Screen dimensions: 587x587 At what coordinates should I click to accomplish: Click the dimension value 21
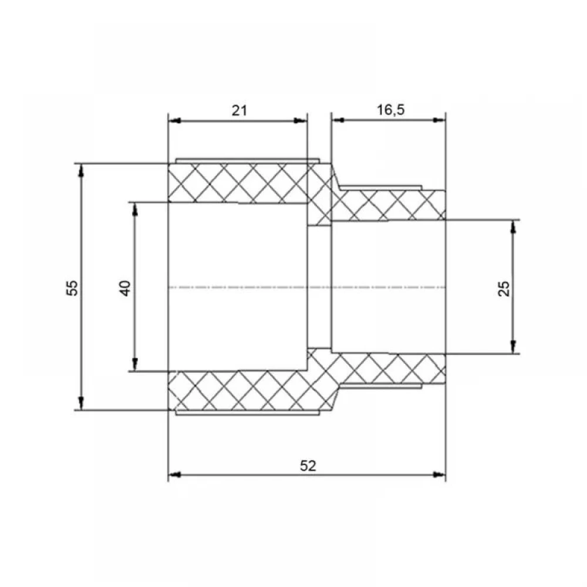[x=239, y=111]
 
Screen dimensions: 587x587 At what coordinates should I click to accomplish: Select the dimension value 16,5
[x=390, y=110]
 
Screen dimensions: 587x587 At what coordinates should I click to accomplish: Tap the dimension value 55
[x=72, y=288]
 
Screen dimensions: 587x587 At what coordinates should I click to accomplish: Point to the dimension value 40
[x=126, y=288]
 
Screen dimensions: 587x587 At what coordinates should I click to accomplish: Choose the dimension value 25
[x=504, y=288]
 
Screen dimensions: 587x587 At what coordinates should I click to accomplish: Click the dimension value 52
[x=308, y=465]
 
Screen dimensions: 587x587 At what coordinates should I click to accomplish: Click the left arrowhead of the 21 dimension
[x=174, y=120]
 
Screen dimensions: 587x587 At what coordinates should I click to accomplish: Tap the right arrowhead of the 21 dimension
[x=301, y=120]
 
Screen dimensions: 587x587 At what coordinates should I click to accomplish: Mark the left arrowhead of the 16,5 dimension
[x=338, y=120]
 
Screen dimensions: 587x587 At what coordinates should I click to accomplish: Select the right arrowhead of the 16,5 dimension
[x=439, y=120]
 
